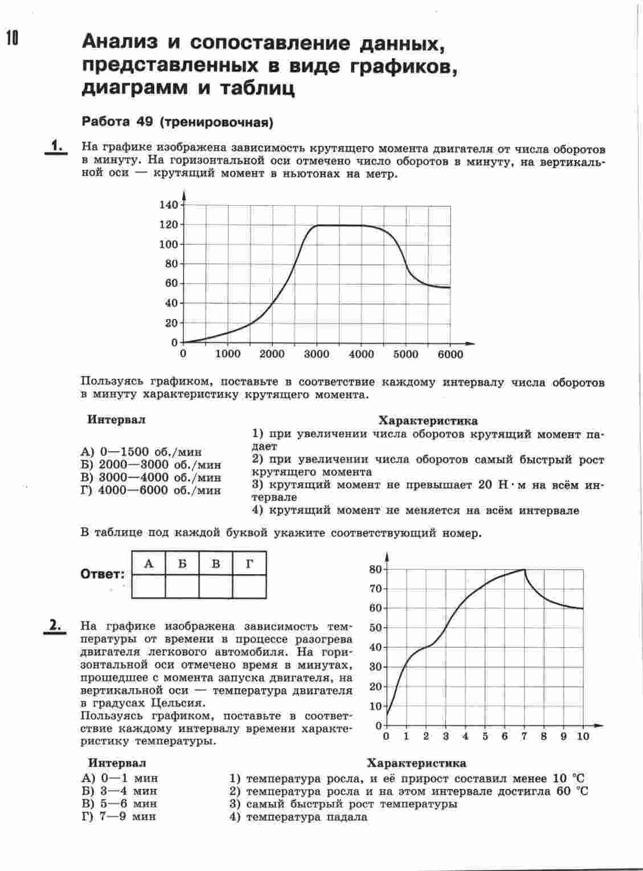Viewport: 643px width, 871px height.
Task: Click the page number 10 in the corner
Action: pyautogui.click(x=12, y=38)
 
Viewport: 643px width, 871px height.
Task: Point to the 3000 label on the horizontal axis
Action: pyautogui.click(x=316, y=354)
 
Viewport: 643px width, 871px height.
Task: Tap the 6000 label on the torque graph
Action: pyautogui.click(x=450, y=354)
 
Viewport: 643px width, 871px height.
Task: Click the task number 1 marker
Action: pyautogui.click(x=56, y=146)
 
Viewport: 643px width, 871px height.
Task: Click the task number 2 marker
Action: pyautogui.click(x=55, y=625)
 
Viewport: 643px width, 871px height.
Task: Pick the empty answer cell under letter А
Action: pyautogui.click(x=149, y=586)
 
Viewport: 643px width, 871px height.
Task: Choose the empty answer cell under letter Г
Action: pyautogui.click(x=249, y=586)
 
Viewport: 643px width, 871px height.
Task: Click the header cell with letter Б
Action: pyautogui.click(x=182, y=564)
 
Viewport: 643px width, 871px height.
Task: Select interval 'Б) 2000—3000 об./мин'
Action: pyautogui.click(x=151, y=465)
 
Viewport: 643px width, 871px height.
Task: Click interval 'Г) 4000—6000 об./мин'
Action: pyautogui.click(x=151, y=490)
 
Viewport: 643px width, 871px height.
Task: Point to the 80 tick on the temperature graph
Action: pyautogui.click(x=375, y=569)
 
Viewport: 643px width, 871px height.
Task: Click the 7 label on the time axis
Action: pyautogui.click(x=524, y=736)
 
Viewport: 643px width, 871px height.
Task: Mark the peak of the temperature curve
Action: pyautogui.click(x=524, y=569)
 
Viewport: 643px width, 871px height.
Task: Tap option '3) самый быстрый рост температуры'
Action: pyautogui.click(x=343, y=804)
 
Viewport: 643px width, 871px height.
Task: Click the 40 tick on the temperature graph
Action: pyautogui.click(x=375, y=647)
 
